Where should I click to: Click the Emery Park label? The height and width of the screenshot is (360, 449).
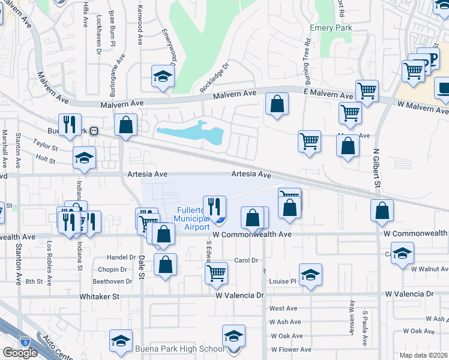(x=330, y=28)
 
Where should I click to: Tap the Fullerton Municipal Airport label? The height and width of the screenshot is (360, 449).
(x=193, y=219)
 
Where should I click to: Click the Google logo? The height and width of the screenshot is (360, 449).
(x=20, y=352)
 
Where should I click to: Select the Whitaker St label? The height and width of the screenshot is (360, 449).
(x=100, y=296)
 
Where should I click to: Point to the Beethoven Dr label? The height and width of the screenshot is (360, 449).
(x=112, y=281)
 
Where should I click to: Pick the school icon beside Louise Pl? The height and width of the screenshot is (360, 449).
(x=310, y=275)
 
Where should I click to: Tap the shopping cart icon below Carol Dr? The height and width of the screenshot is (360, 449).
(x=217, y=272)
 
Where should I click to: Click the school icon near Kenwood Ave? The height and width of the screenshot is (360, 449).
(x=162, y=76)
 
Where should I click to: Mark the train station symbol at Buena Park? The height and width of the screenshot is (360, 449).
(x=94, y=131)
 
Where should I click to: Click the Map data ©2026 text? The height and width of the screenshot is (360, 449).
(x=424, y=355)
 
